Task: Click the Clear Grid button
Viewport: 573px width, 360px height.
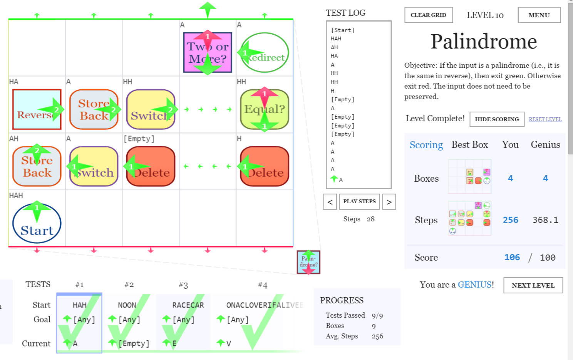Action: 428,15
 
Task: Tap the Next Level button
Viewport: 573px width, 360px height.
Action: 533,285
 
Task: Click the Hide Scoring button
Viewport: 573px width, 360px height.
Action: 497,119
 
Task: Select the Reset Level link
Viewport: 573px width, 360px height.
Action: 545,119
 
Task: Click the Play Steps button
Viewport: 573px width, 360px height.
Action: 359,201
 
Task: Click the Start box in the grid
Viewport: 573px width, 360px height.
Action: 37,223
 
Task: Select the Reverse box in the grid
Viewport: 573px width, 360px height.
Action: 37,109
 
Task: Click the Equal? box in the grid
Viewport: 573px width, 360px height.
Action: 265,109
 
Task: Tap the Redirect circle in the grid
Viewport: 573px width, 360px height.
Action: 265,52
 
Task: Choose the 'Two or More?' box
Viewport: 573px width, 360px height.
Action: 208,52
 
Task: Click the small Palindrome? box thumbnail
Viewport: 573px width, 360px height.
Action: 308,262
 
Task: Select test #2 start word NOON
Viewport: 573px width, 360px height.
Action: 127,305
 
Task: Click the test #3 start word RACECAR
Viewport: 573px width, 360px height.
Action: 188,305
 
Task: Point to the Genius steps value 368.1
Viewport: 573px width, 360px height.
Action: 545,220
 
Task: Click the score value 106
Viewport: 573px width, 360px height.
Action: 512,257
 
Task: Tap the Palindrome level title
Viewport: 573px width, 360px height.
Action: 484,41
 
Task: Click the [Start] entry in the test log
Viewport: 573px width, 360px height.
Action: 342,30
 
